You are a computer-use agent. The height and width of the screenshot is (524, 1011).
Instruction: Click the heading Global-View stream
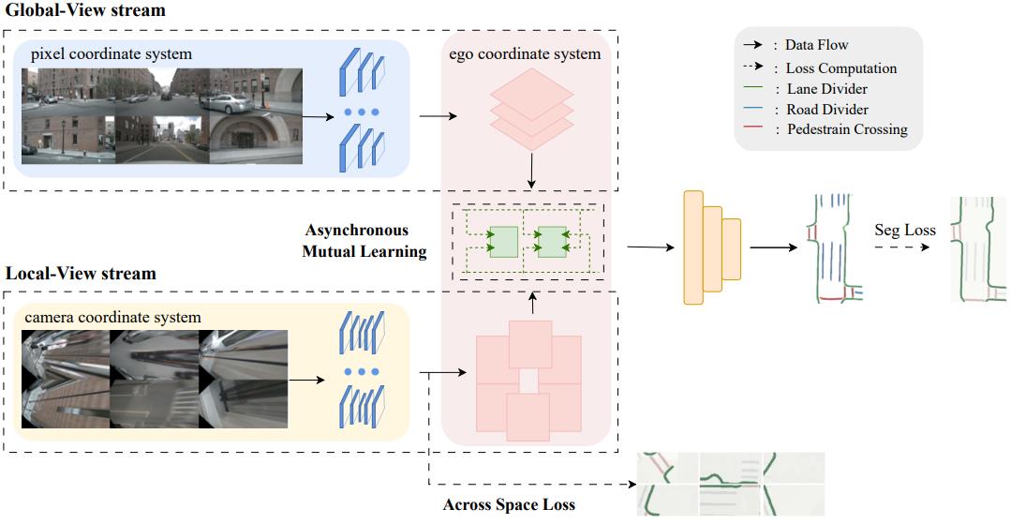click(x=84, y=11)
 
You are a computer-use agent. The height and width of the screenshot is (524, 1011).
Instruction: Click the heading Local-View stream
click(x=81, y=275)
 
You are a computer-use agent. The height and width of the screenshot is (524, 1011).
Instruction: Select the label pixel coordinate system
click(x=111, y=53)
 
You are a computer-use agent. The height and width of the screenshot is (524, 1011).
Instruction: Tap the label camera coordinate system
click(x=112, y=317)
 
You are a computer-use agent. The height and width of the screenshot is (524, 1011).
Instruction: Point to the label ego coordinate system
click(x=526, y=53)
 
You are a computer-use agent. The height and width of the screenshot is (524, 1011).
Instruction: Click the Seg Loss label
click(x=904, y=229)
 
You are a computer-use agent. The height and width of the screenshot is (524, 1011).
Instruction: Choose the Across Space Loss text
click(x=509, y=504)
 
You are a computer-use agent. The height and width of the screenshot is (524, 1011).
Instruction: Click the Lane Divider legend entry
click(x=827, y=88)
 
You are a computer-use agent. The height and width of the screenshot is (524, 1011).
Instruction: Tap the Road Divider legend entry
click(x=827, y=109)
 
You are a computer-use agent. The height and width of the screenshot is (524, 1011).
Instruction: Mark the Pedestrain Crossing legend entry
click(x=846, y=129)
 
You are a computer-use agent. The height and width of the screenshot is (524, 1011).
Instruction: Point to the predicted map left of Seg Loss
click(x=832, y=248)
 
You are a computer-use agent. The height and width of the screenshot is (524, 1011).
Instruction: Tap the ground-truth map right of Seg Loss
click(x=977, y=247)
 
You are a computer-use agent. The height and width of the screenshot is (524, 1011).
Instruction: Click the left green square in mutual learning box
click(x=503, y=242)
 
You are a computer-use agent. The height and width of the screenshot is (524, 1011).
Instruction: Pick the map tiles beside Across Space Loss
click(x=730, y=484)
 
